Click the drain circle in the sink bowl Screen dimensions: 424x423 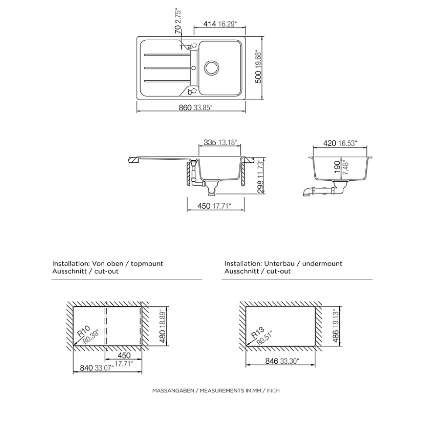click(x=212, y=67)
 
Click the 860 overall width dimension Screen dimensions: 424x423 click(x=185, y=108)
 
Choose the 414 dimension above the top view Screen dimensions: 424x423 click(x=210, y=24)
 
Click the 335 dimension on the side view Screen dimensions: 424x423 click(x=210, y=142)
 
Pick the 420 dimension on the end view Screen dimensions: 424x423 click(x=330, y=142)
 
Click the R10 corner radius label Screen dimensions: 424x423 click(x=83, y=331)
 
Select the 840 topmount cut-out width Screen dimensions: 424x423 click(x=86, y=368)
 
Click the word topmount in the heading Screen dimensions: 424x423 click(x=147, y=264)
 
